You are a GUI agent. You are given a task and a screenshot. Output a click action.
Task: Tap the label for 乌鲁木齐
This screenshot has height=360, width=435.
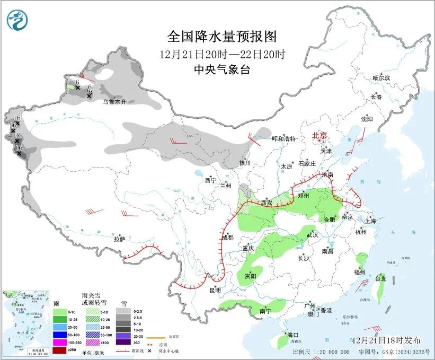pyautogui.click(x=114, y=101)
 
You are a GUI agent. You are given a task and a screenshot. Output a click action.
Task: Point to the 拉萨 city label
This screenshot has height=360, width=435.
pyautogui.click(x=119, y=239)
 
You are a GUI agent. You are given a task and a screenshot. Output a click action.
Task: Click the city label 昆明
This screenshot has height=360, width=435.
pyautogui.click(x=215, y=290)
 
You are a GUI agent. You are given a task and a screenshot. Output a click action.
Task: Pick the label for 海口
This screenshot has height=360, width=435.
pyautogui.click(x=293, y=335)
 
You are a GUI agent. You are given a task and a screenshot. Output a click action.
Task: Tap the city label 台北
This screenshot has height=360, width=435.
pyautogui.click(x=380, y=278)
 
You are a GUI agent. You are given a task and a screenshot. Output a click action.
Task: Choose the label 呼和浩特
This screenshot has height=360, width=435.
pyautogui.click(x=283, y=139)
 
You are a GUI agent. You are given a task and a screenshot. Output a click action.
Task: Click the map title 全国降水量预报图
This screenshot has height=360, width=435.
pyautogui.click(x=222, y=37)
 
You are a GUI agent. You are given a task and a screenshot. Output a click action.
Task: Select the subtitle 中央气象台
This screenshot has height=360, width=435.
pyautogui.click(x=221, y=69)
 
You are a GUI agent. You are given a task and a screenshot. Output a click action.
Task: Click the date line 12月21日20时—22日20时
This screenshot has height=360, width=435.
pyautogui.click(x=222, y=54)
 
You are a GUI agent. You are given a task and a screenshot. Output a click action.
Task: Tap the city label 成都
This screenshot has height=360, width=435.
pyautogui.click(x=227, y=238)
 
